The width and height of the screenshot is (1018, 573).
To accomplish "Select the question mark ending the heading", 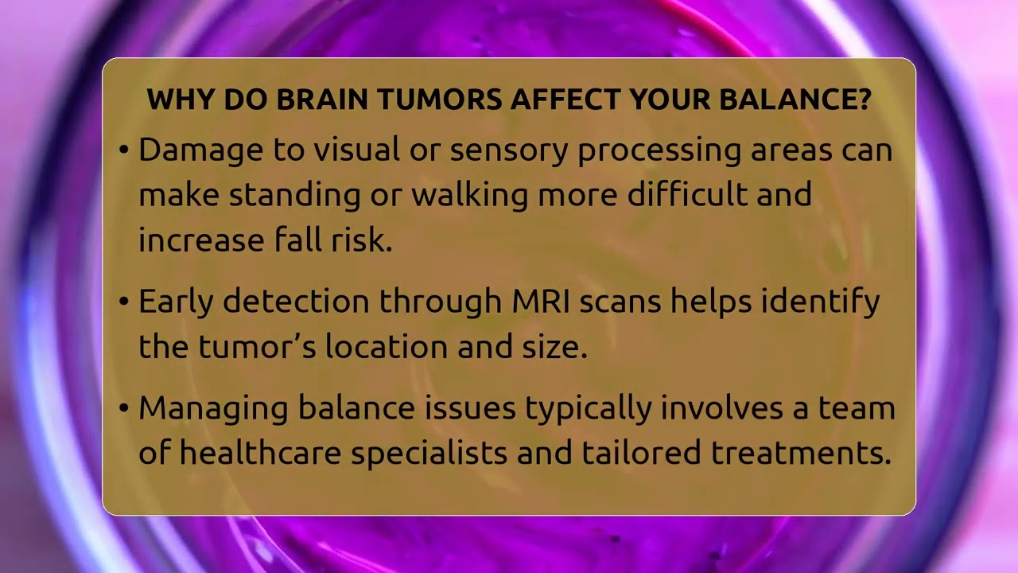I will pyautogui.click(x=864, y=99).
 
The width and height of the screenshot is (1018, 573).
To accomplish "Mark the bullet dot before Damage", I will pyautogui.click(x=123, y=151).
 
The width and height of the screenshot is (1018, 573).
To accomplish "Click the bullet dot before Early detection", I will pyautogui.click(x=123, y=302).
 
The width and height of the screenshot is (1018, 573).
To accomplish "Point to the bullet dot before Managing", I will pyautogui.click(x=123, y=408).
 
